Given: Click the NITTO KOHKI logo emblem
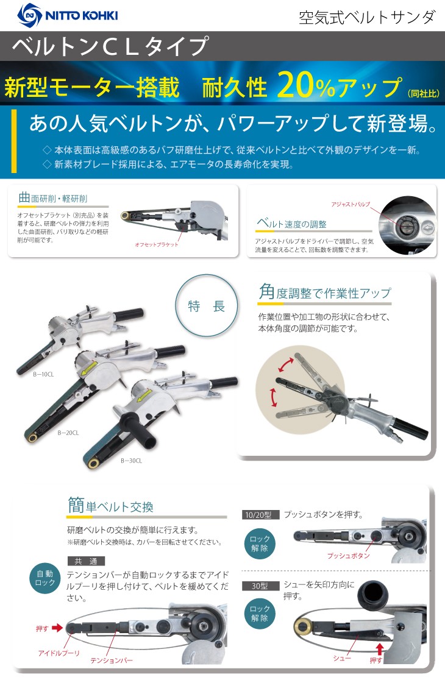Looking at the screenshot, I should (x=29, y=15).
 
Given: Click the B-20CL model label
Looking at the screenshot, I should (x=68, y=433).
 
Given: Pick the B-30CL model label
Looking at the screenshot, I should (x=132, y=461).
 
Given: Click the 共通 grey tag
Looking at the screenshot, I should (x=85, y=561).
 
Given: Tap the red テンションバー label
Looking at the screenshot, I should (x=112, y=660).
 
